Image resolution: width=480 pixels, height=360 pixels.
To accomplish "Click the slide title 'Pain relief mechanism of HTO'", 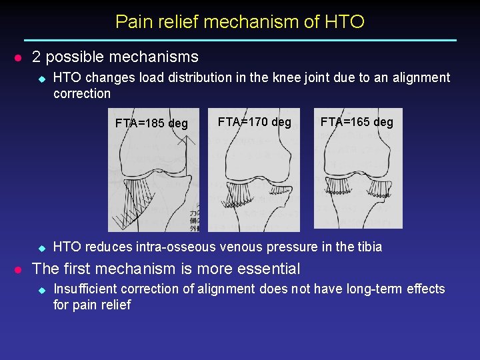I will click(x=240, y=21).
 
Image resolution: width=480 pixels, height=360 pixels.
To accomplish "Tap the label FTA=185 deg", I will click(x=151, y=123).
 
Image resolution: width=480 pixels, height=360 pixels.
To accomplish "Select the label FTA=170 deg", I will click(x=254, y=122).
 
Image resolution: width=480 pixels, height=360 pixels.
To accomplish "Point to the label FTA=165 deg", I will click(x=357, y=122).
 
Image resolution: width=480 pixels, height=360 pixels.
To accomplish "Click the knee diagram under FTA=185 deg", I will click(x=153, y=180).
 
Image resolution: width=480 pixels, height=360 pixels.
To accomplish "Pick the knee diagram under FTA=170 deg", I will click(x=254, y=180).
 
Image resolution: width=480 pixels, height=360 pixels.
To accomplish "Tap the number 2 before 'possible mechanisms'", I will click(x=37, y=57).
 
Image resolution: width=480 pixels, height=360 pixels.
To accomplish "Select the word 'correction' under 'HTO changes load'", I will click(x=82, y=93).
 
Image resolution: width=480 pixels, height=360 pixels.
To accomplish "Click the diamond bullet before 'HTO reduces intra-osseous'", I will click(x=40, y=247).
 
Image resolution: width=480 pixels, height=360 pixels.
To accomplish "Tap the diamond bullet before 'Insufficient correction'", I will click(x=40, y=289).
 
